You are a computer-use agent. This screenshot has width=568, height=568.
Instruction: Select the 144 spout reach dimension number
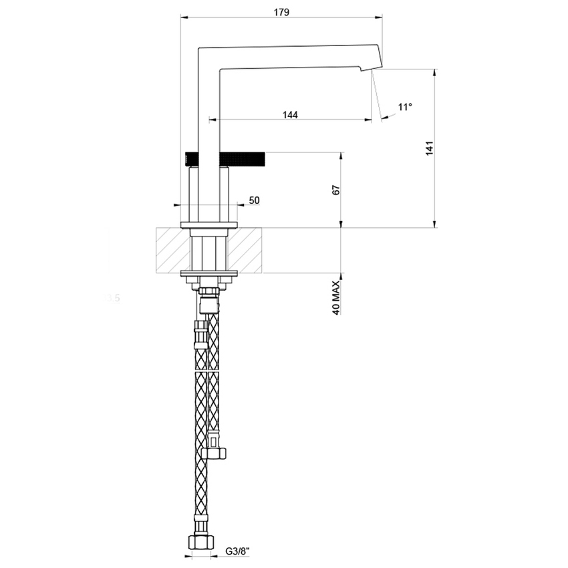coord(289,114)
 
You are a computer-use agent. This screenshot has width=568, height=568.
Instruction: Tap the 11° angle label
coord(405,107)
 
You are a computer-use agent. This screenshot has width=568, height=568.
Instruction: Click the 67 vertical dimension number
coord(337,190)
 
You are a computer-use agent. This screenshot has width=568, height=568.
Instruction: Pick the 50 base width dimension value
coord(254,200)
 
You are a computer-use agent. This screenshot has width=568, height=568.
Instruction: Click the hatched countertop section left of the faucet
coord(173,251)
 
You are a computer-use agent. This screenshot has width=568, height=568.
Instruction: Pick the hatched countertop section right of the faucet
coord(249,251)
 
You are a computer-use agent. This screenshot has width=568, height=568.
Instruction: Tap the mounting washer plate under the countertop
coord(210,273)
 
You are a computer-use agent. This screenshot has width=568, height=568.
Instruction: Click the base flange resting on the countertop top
coord(210,224)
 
